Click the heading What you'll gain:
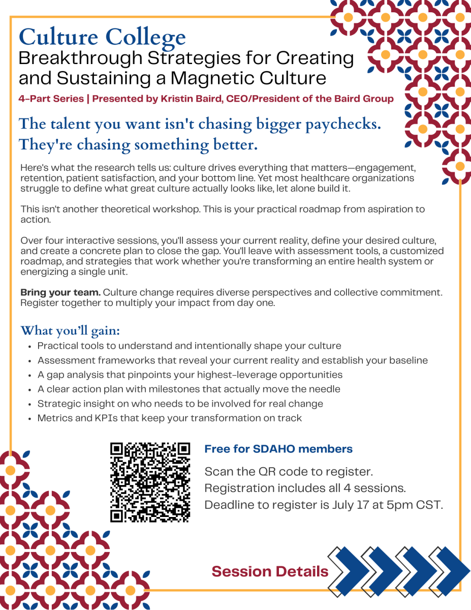coord(70,331)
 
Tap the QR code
coord(150,482)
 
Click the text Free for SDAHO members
coord(278,449)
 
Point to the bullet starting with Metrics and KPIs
coord(169,418)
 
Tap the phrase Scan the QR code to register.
coord(288,471)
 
